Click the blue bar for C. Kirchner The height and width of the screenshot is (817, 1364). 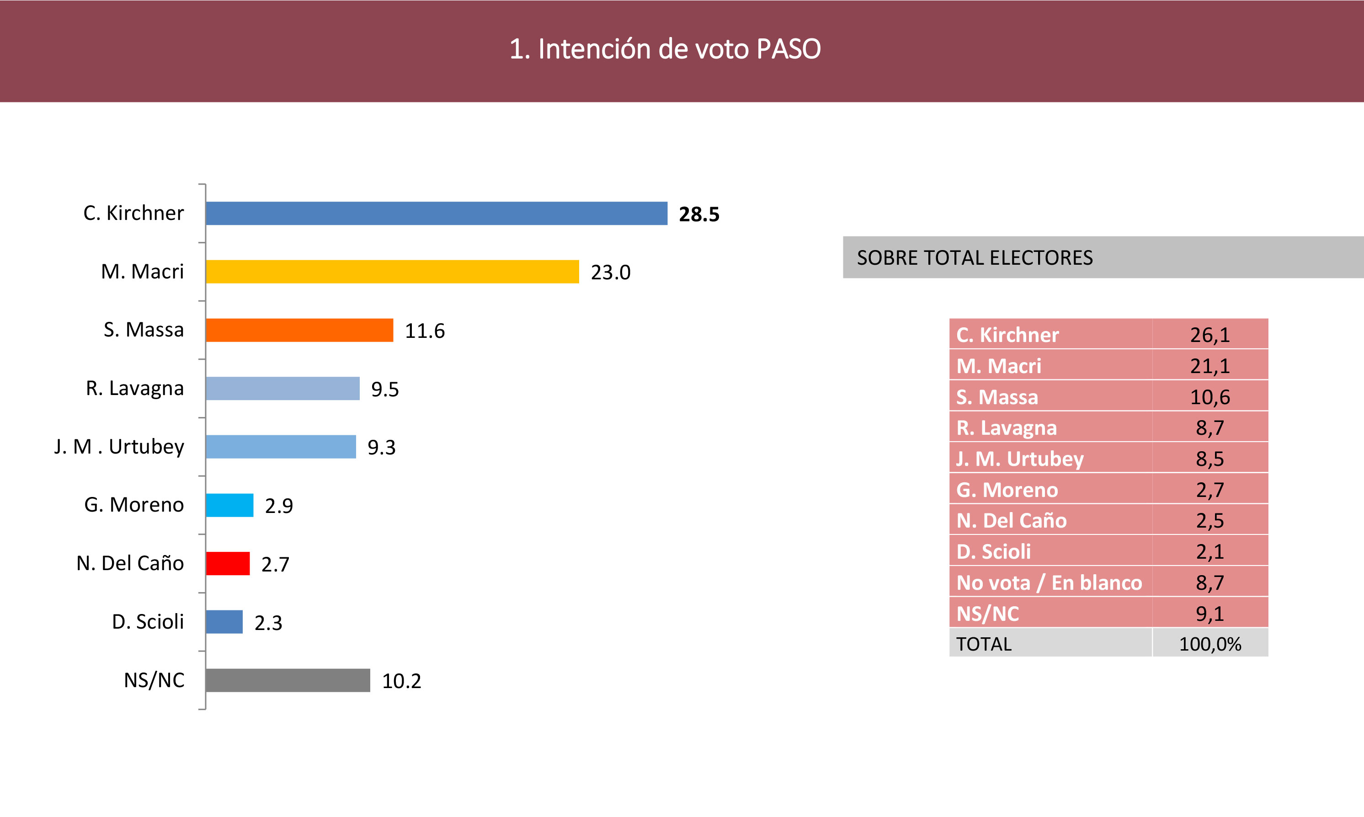(x=436, y=214)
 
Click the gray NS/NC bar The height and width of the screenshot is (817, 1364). (x=288, y=680)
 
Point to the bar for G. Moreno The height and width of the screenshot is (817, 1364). (x=229, y=505)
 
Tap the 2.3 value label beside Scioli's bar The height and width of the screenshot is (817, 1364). (x=268, y=623)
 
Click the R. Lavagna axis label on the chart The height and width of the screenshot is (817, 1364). (x=135, y=389)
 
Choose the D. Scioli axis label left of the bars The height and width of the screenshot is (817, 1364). (x=148, y=622)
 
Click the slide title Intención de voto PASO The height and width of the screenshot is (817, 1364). (x=665, y=49)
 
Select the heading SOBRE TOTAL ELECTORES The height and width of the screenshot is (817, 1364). (x=974, y=258)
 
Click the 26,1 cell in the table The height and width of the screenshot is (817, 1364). (x=1209, y=335)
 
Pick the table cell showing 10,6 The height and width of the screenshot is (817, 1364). (x=1209, y=397)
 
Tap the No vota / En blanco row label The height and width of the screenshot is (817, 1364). (x=1049, y=582)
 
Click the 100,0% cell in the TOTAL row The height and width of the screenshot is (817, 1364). (x=1209, y=644)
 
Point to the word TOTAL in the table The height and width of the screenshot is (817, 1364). (x=984, y=644)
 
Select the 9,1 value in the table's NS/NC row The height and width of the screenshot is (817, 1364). (x=1209, y=613)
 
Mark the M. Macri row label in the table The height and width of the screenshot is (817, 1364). (x=998, y=366)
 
